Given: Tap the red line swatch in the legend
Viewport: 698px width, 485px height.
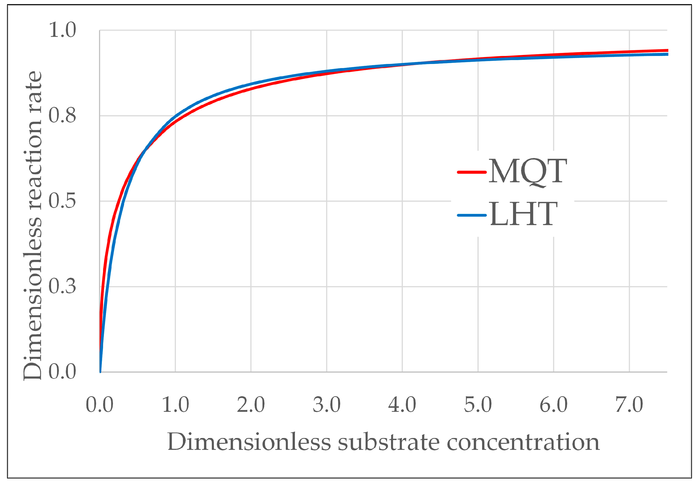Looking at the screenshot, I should point(472,172).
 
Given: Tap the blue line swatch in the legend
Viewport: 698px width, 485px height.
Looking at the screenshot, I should point(472,215).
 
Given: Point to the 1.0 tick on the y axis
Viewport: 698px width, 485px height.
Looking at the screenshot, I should point(62,30).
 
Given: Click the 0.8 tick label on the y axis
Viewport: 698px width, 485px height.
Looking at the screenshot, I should point(62,116).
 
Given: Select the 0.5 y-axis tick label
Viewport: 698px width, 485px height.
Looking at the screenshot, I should point(62,201).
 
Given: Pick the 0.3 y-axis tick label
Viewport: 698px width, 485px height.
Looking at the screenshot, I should point(62,286).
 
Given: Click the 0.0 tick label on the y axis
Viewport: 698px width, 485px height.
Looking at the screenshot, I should point(62,372).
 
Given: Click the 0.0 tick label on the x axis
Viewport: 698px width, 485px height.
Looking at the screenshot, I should point(99,405).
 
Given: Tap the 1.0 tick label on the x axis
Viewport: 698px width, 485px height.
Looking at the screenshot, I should point(175,405).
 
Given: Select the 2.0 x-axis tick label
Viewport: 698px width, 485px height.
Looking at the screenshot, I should point(251,405).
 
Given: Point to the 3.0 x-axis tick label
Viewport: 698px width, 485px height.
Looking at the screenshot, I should point(327,405).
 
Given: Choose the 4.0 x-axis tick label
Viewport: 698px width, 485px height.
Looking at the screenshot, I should point(402,405).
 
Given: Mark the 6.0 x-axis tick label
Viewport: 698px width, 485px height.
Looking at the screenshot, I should point(553,405).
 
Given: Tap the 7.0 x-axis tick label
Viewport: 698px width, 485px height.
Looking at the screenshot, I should point(629,405).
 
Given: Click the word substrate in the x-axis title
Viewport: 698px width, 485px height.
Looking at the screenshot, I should point(389,442).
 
